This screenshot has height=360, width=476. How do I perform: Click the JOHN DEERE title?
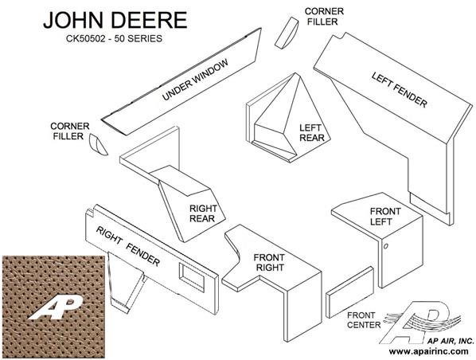pos(115,20)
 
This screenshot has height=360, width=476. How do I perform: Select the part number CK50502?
pos(88,38)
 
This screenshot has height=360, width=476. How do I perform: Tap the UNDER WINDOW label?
pos(195,80)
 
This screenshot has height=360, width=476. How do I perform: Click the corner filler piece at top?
pos(287,33)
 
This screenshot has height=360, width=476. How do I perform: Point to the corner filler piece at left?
pos(98,145)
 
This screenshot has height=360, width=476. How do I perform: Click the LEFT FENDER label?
pos(400,89)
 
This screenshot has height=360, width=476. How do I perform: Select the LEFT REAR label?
pos(312,133)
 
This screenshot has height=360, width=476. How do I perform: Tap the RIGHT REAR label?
pos(202,213)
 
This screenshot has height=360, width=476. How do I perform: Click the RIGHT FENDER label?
pos(128,246)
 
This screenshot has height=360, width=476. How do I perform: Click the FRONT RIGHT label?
pos(269,263)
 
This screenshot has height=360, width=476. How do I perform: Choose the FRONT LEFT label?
pos(385,217)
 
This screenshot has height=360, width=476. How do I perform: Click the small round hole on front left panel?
pos(385,246)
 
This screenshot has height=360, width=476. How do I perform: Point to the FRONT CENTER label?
pos(364,320)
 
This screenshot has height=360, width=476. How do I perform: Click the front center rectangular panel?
pos(350,292)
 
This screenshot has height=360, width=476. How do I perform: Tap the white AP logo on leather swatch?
pos(56,308)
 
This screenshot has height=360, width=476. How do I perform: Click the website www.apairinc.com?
pos(428,351)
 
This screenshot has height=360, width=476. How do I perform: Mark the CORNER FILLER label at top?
pos(324,17)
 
